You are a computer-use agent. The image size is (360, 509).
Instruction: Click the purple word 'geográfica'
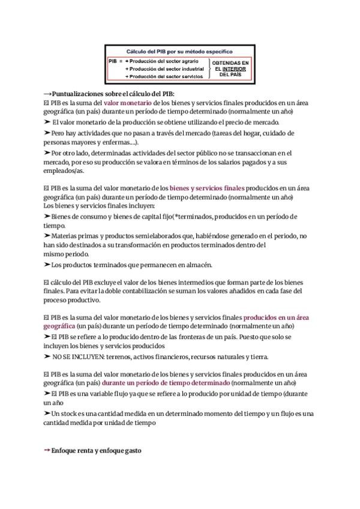59,325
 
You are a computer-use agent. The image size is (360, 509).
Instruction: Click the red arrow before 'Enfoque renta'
47,450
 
